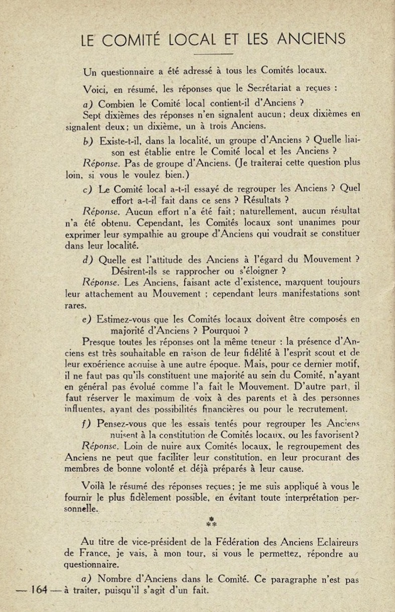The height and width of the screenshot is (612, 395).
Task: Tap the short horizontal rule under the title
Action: click(213, 53)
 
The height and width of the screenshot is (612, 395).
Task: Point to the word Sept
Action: click(91, 114)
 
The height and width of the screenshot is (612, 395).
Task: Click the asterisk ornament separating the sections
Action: click(211, 522)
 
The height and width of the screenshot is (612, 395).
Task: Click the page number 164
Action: click(38, 590)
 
